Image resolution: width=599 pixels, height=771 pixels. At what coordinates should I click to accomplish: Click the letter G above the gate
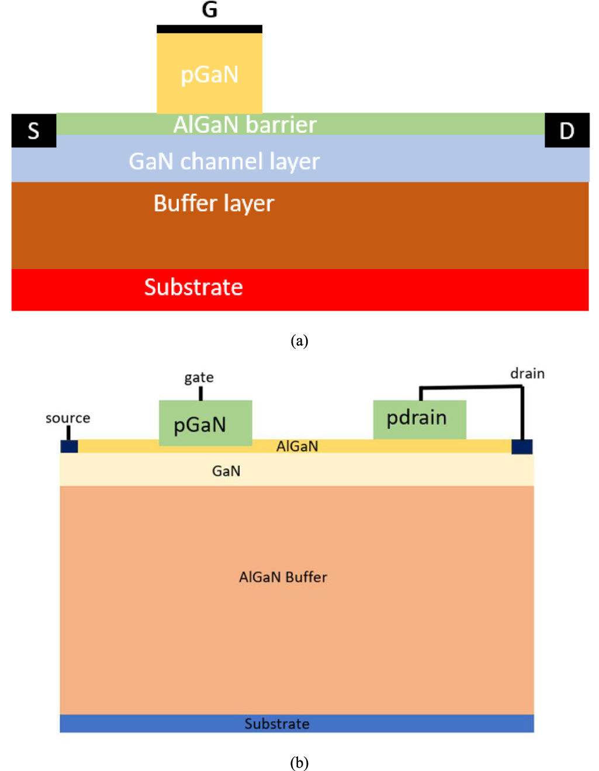209,9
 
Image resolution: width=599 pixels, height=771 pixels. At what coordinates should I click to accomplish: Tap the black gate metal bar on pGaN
209,29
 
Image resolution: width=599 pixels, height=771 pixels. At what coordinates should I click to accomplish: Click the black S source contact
34,130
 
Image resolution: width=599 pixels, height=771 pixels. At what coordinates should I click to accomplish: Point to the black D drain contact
567,130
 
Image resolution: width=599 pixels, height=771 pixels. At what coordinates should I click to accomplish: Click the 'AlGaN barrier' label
245,125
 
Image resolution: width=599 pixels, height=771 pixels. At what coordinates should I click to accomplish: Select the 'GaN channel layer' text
224,161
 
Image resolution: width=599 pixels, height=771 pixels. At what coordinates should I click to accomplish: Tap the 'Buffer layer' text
214,204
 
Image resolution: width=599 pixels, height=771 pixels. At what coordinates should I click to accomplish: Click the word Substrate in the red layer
193,287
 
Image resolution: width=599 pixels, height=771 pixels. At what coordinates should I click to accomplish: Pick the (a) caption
299,340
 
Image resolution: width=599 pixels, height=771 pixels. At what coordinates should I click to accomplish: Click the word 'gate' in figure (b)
199,378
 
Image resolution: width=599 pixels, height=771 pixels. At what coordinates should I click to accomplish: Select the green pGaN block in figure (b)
205,423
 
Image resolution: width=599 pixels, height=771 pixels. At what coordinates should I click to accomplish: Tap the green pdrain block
420,419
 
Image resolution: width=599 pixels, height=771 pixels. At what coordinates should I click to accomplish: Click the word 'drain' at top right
527,374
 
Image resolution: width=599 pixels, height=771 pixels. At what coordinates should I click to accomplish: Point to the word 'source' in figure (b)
68,418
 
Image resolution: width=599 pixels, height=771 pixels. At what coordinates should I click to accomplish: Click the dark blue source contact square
69,446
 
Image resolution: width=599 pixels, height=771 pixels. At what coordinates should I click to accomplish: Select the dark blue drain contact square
522,447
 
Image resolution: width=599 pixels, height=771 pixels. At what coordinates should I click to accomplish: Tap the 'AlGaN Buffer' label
283,577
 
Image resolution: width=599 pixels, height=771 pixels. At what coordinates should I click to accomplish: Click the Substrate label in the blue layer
277,724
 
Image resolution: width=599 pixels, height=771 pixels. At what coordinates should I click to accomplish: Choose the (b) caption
299,762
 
